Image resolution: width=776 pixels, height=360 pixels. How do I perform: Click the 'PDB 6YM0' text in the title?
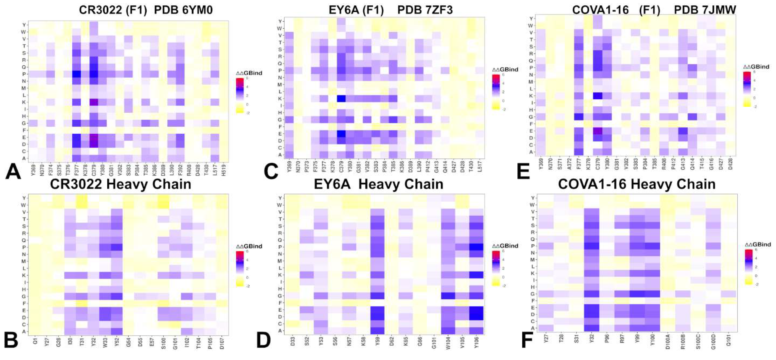(x=183, y=10)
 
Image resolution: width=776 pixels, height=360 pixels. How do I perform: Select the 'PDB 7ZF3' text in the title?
(x=425, y=10)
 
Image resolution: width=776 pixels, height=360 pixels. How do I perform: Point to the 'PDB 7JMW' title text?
(x=705, y=10)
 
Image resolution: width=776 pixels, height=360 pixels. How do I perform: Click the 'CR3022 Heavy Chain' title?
(x=120, y=184)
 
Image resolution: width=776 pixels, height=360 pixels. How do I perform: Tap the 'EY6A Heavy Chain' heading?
(x=378, y=184)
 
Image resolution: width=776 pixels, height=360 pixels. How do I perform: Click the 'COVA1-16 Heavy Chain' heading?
(x=637, y=184)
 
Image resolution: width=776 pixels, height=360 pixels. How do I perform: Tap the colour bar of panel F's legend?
(x=749, y=267)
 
